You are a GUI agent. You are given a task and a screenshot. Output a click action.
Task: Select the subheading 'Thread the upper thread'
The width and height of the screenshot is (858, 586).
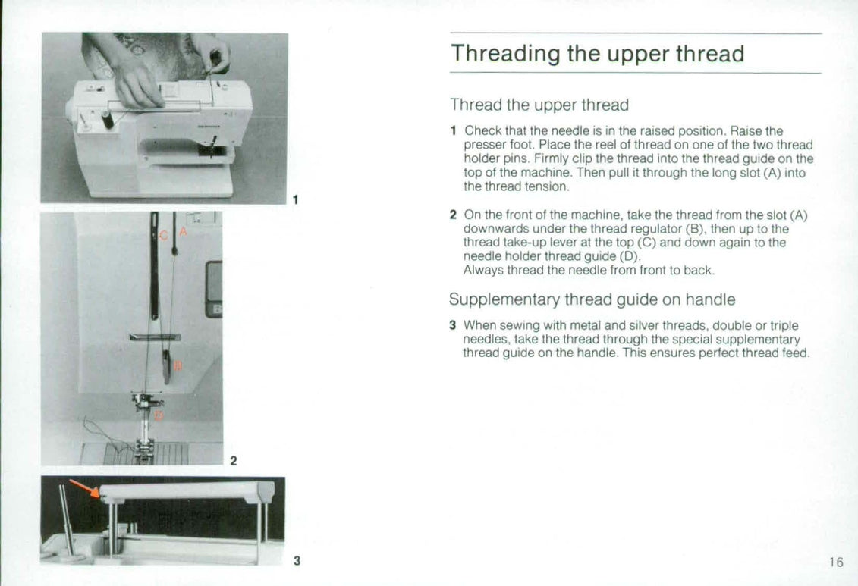pyautogui.click(x=539, y=105)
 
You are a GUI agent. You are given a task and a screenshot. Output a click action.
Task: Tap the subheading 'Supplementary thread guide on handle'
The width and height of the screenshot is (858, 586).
pyautogui.click(x=592, y=299)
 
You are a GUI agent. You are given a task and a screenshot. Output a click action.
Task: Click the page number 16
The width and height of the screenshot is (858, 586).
pyautogui.click(x=835, y=562)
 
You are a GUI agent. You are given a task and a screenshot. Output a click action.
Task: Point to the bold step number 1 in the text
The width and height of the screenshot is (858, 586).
pyautogui.click(x=453, y=131)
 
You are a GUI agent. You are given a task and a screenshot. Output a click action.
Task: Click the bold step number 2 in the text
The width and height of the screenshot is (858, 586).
pyautogui.click(x=453, y=215)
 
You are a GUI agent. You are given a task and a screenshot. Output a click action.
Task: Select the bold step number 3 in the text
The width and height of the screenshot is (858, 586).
pyautogui.click(x=453, y=326)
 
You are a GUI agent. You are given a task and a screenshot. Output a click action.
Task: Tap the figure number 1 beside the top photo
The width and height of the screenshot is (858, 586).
pyautogui.click(x=295, y=200)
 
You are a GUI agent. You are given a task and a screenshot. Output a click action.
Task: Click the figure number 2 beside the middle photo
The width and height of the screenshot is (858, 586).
pyautogui.click(x=233, y=460)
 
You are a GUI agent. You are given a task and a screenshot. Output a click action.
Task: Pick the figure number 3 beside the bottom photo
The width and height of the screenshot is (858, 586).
pyautogui.click(x=297, y=561)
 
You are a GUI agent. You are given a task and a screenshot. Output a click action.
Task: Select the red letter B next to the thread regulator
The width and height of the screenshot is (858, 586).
pyautogui.click(x=178, y=366)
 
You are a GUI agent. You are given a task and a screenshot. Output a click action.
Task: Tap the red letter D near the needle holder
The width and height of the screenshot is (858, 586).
pyautogui.click(x=158, y=415)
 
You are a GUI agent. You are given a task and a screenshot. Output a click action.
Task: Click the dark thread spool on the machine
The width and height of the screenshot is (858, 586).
pyautogui.click(x=107, y=119)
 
